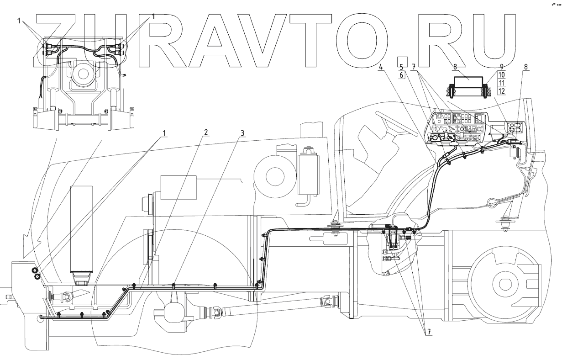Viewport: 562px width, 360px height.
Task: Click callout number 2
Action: [x=206, y=132]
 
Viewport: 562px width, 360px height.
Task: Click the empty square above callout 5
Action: [x=402, y=61]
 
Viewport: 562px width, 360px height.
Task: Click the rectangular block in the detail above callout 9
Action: [x=469, y=85]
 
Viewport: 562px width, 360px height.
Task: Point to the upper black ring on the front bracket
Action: [x=35, y=270]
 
